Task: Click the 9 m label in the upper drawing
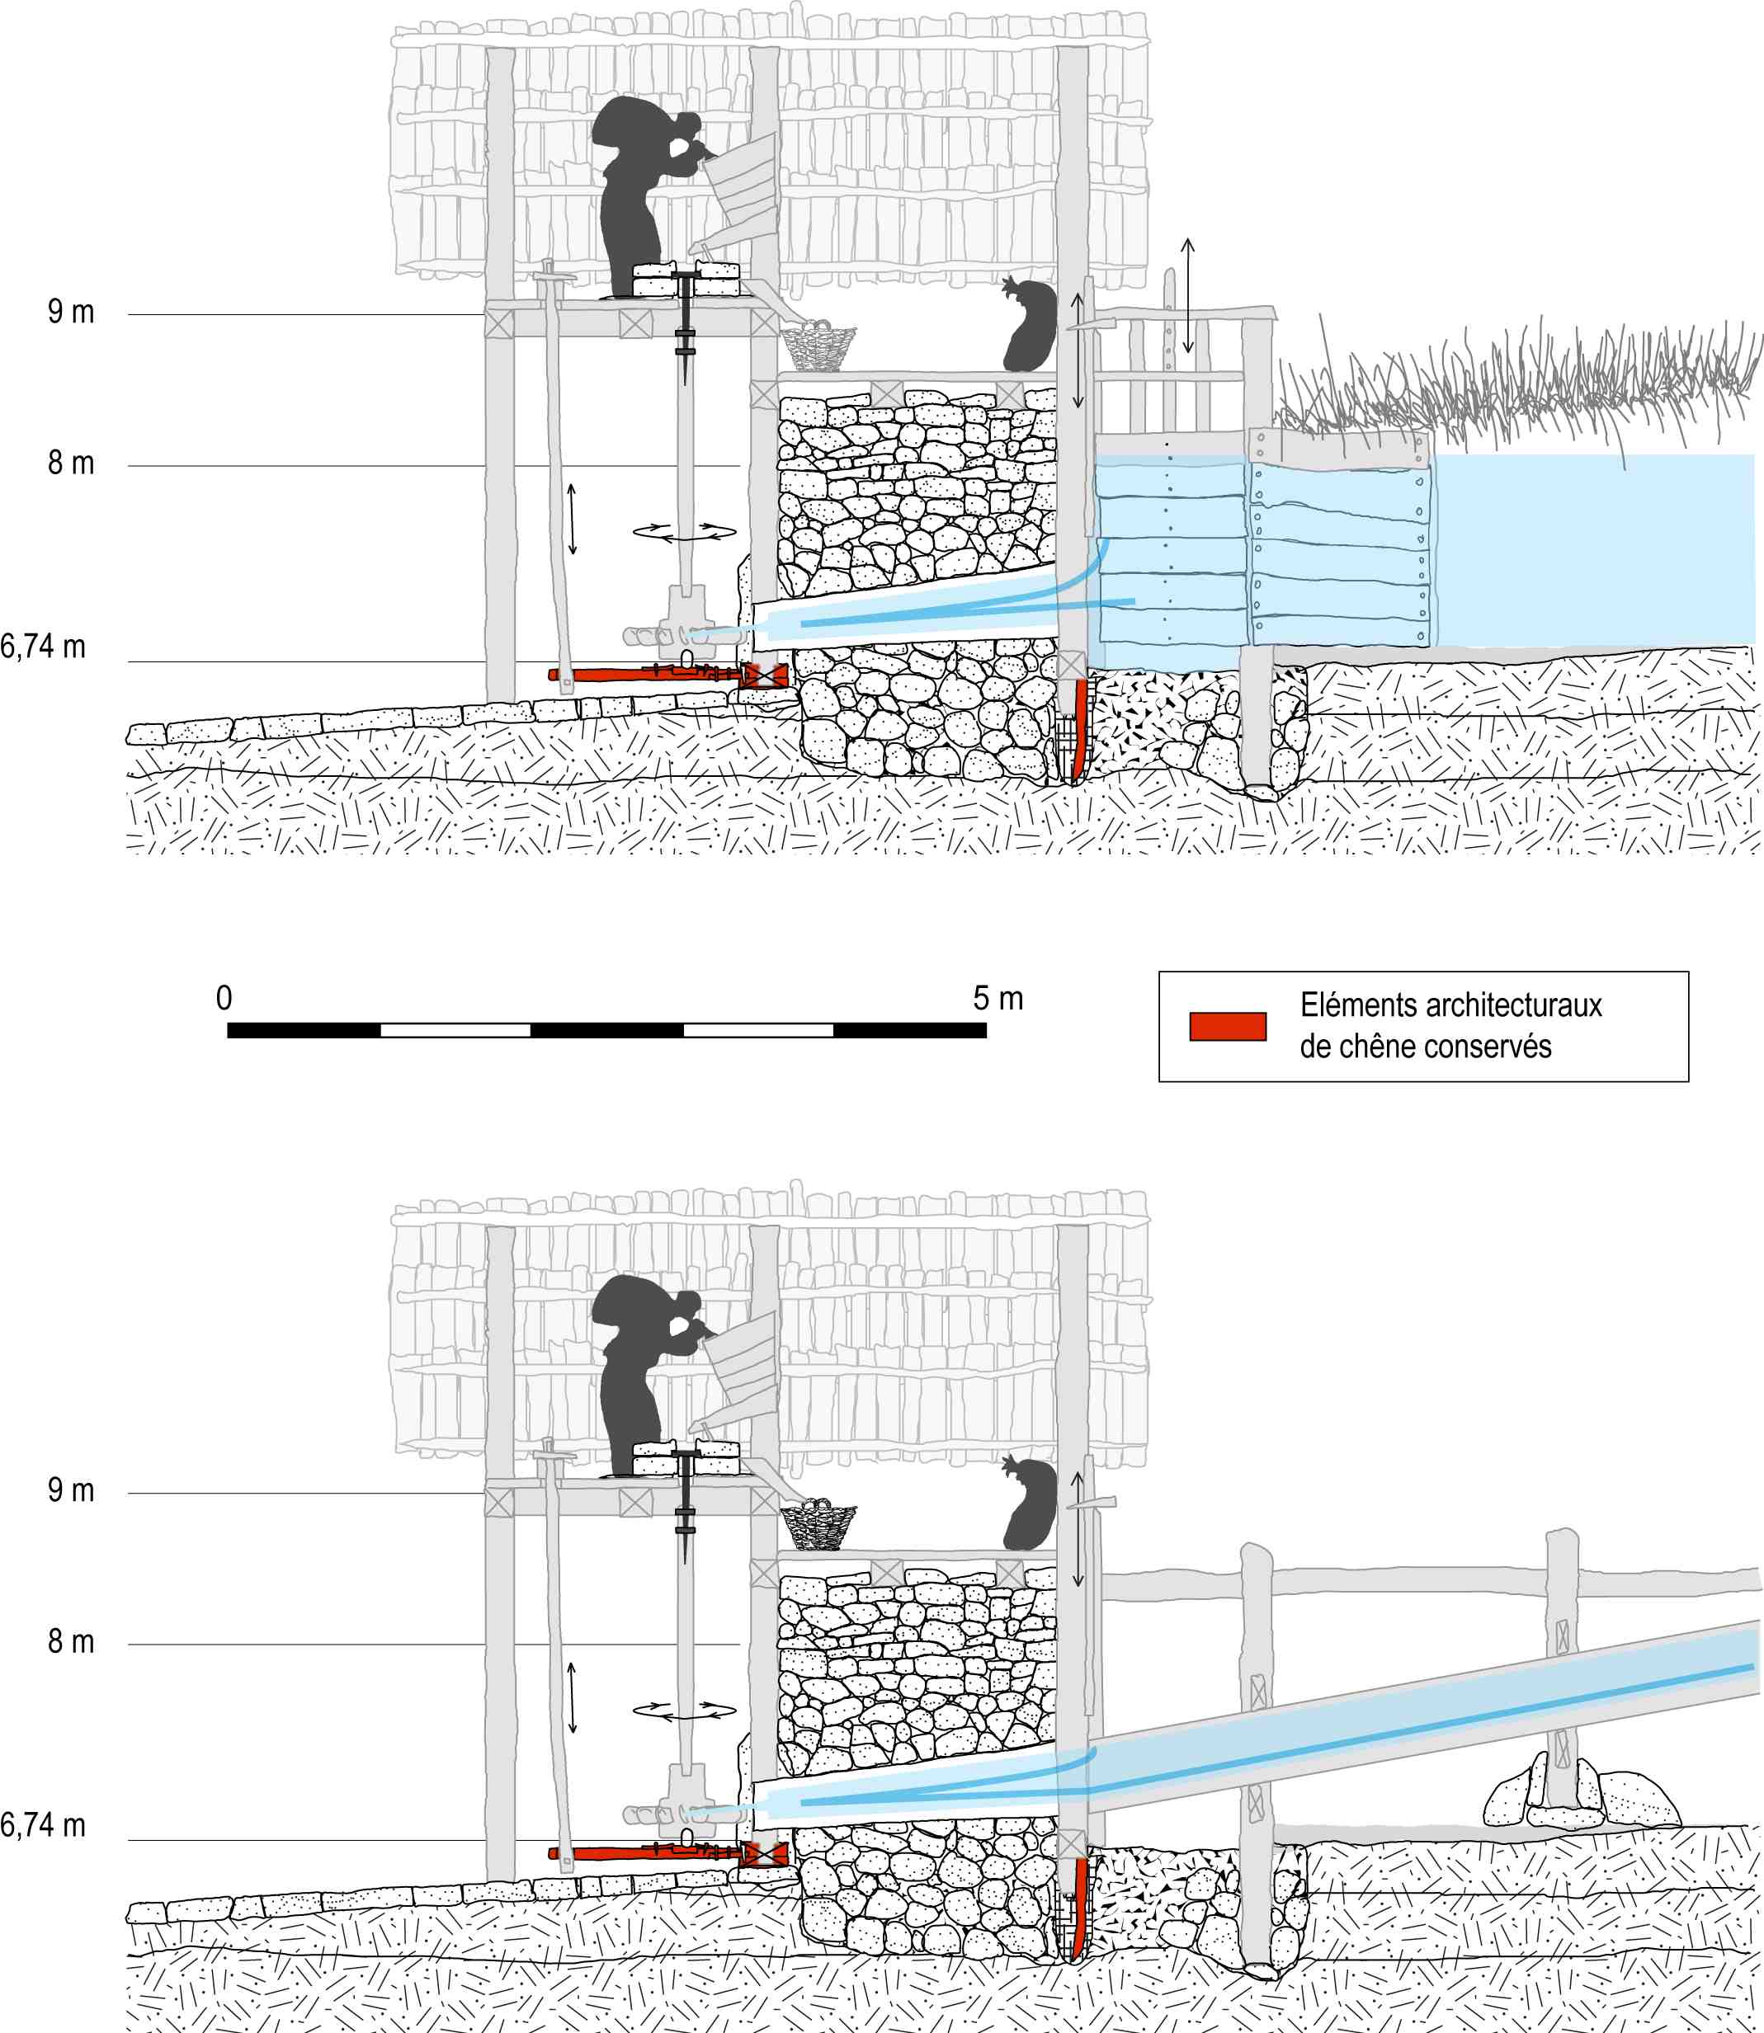(71, 312)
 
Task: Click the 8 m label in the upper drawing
(71, 463)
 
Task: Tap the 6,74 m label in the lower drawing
(43, 1826)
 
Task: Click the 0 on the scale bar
(224, 998)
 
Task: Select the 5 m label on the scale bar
(998, 998)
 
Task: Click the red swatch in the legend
(1228, 1025)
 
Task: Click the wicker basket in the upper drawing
(818, 346)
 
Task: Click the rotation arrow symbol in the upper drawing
(685, 532)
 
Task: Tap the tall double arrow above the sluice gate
(1188, 295)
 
